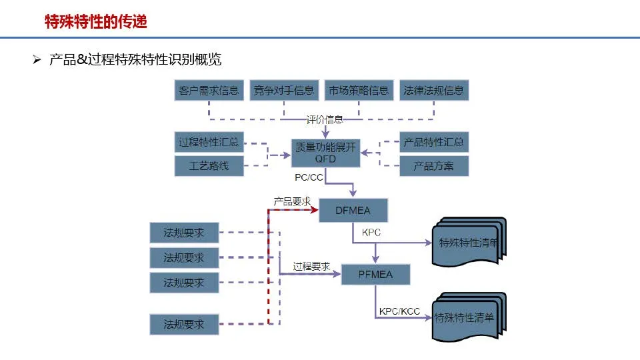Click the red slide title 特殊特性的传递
click(x=95, y=22)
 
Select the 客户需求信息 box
click(x=209, y=91)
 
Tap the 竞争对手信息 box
click(x=283, y=91)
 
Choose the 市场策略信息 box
click(x=358, y=91)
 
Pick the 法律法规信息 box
click(x=433, y=91)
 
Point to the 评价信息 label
click(x=325, y=120)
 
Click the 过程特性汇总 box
click(x=209, y=143)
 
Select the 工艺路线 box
click(x=209, y=166)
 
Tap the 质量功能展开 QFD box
click(x=325, y=153)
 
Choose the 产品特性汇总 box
click(x=434, y=143)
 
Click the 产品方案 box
click(x=434, y=166)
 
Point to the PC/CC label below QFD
click(x=309, y=179)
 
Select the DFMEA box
click(x=353, y=211)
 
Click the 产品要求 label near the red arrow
click(x=292, y=201)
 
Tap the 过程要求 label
click(x=311, y=266)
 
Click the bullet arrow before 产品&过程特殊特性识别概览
click(x=37, y=61)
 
